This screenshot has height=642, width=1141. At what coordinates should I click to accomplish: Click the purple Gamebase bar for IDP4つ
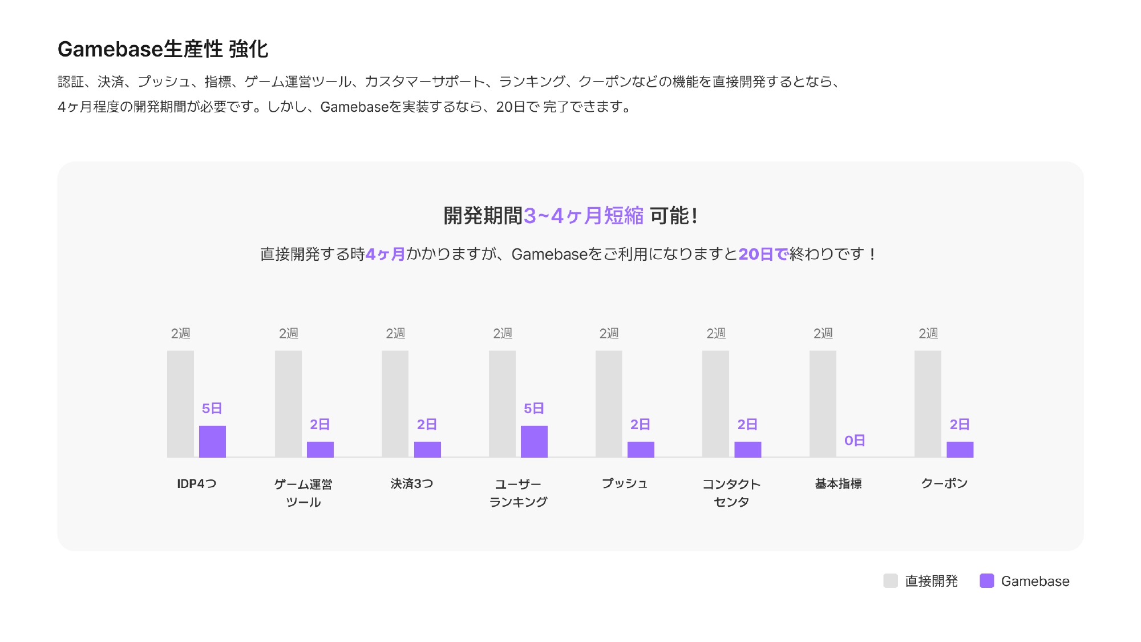212,441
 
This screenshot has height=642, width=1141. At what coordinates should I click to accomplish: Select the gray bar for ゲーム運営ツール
288,403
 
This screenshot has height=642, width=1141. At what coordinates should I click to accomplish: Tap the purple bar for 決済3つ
427,449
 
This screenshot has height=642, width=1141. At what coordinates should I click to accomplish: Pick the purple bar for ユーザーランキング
534,441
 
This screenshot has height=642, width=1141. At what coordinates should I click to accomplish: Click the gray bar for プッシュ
609,403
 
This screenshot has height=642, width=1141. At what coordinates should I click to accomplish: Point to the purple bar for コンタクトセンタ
747,449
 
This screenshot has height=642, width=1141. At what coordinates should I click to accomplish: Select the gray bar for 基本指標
823,403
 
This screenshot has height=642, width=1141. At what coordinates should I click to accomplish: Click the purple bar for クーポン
960,449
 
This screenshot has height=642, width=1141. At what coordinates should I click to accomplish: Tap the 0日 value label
855,441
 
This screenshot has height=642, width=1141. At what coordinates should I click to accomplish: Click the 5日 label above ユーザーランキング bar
534,409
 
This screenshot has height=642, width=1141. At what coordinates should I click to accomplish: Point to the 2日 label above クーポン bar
960,425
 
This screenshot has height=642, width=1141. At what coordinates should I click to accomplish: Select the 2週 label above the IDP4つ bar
180,333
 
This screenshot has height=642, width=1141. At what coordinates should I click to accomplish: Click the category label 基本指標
838,484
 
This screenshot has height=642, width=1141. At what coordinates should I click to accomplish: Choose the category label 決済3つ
411,484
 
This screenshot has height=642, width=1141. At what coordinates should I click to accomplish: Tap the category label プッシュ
625,484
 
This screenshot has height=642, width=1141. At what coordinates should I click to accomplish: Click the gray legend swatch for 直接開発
891,581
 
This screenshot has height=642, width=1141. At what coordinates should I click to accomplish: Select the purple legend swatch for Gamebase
986,581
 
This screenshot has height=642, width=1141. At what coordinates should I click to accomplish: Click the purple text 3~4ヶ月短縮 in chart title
584,216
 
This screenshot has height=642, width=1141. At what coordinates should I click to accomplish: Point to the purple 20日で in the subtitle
763,254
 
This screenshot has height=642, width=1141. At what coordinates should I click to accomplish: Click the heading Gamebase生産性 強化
163,49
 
